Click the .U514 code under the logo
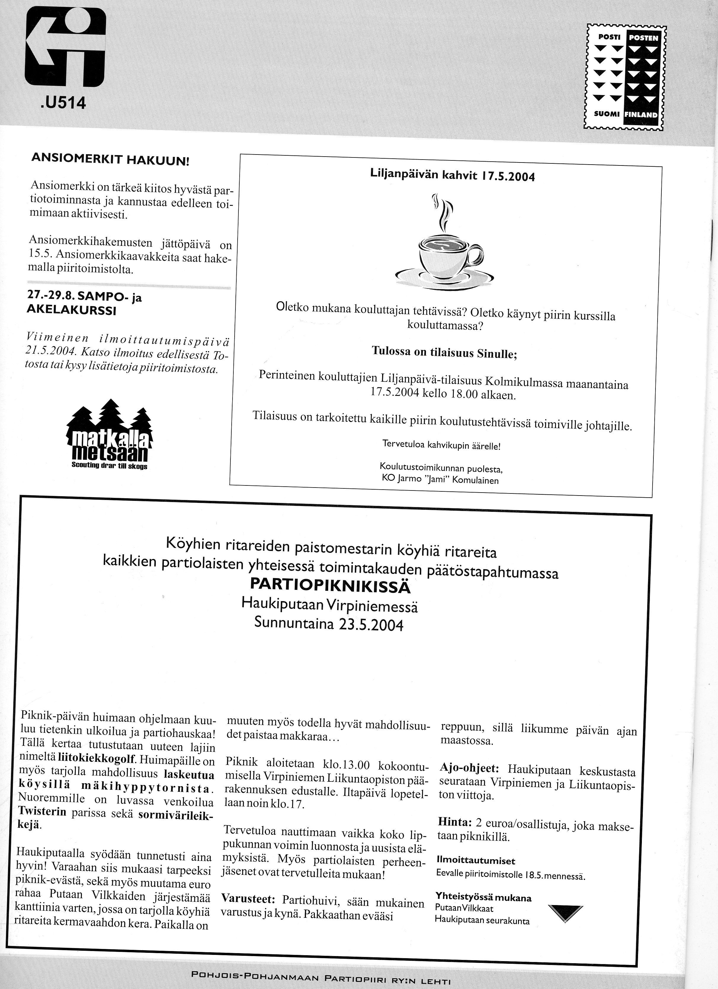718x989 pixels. (x=61, y=103)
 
